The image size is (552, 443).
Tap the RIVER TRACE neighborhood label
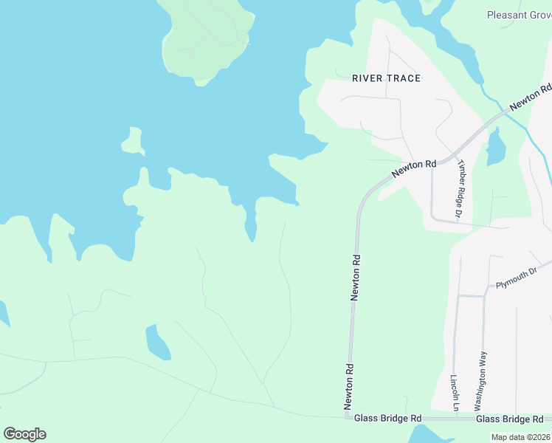pyautogui.click(x=386, y=78)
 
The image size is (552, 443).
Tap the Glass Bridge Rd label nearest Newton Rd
pyautogui.click(x=387, y=419)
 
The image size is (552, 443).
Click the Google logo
pyautogui.click(x=24, y=434)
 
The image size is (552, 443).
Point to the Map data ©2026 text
pyautogui.click(x=521, y=437)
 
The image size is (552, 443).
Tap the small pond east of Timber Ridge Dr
pyautogui.click(x=495, y=147)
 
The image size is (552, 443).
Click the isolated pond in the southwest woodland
pyautogui.click(x=157, y=341)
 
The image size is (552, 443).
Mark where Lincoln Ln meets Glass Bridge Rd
pyautogui.click(x=456, y=418)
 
